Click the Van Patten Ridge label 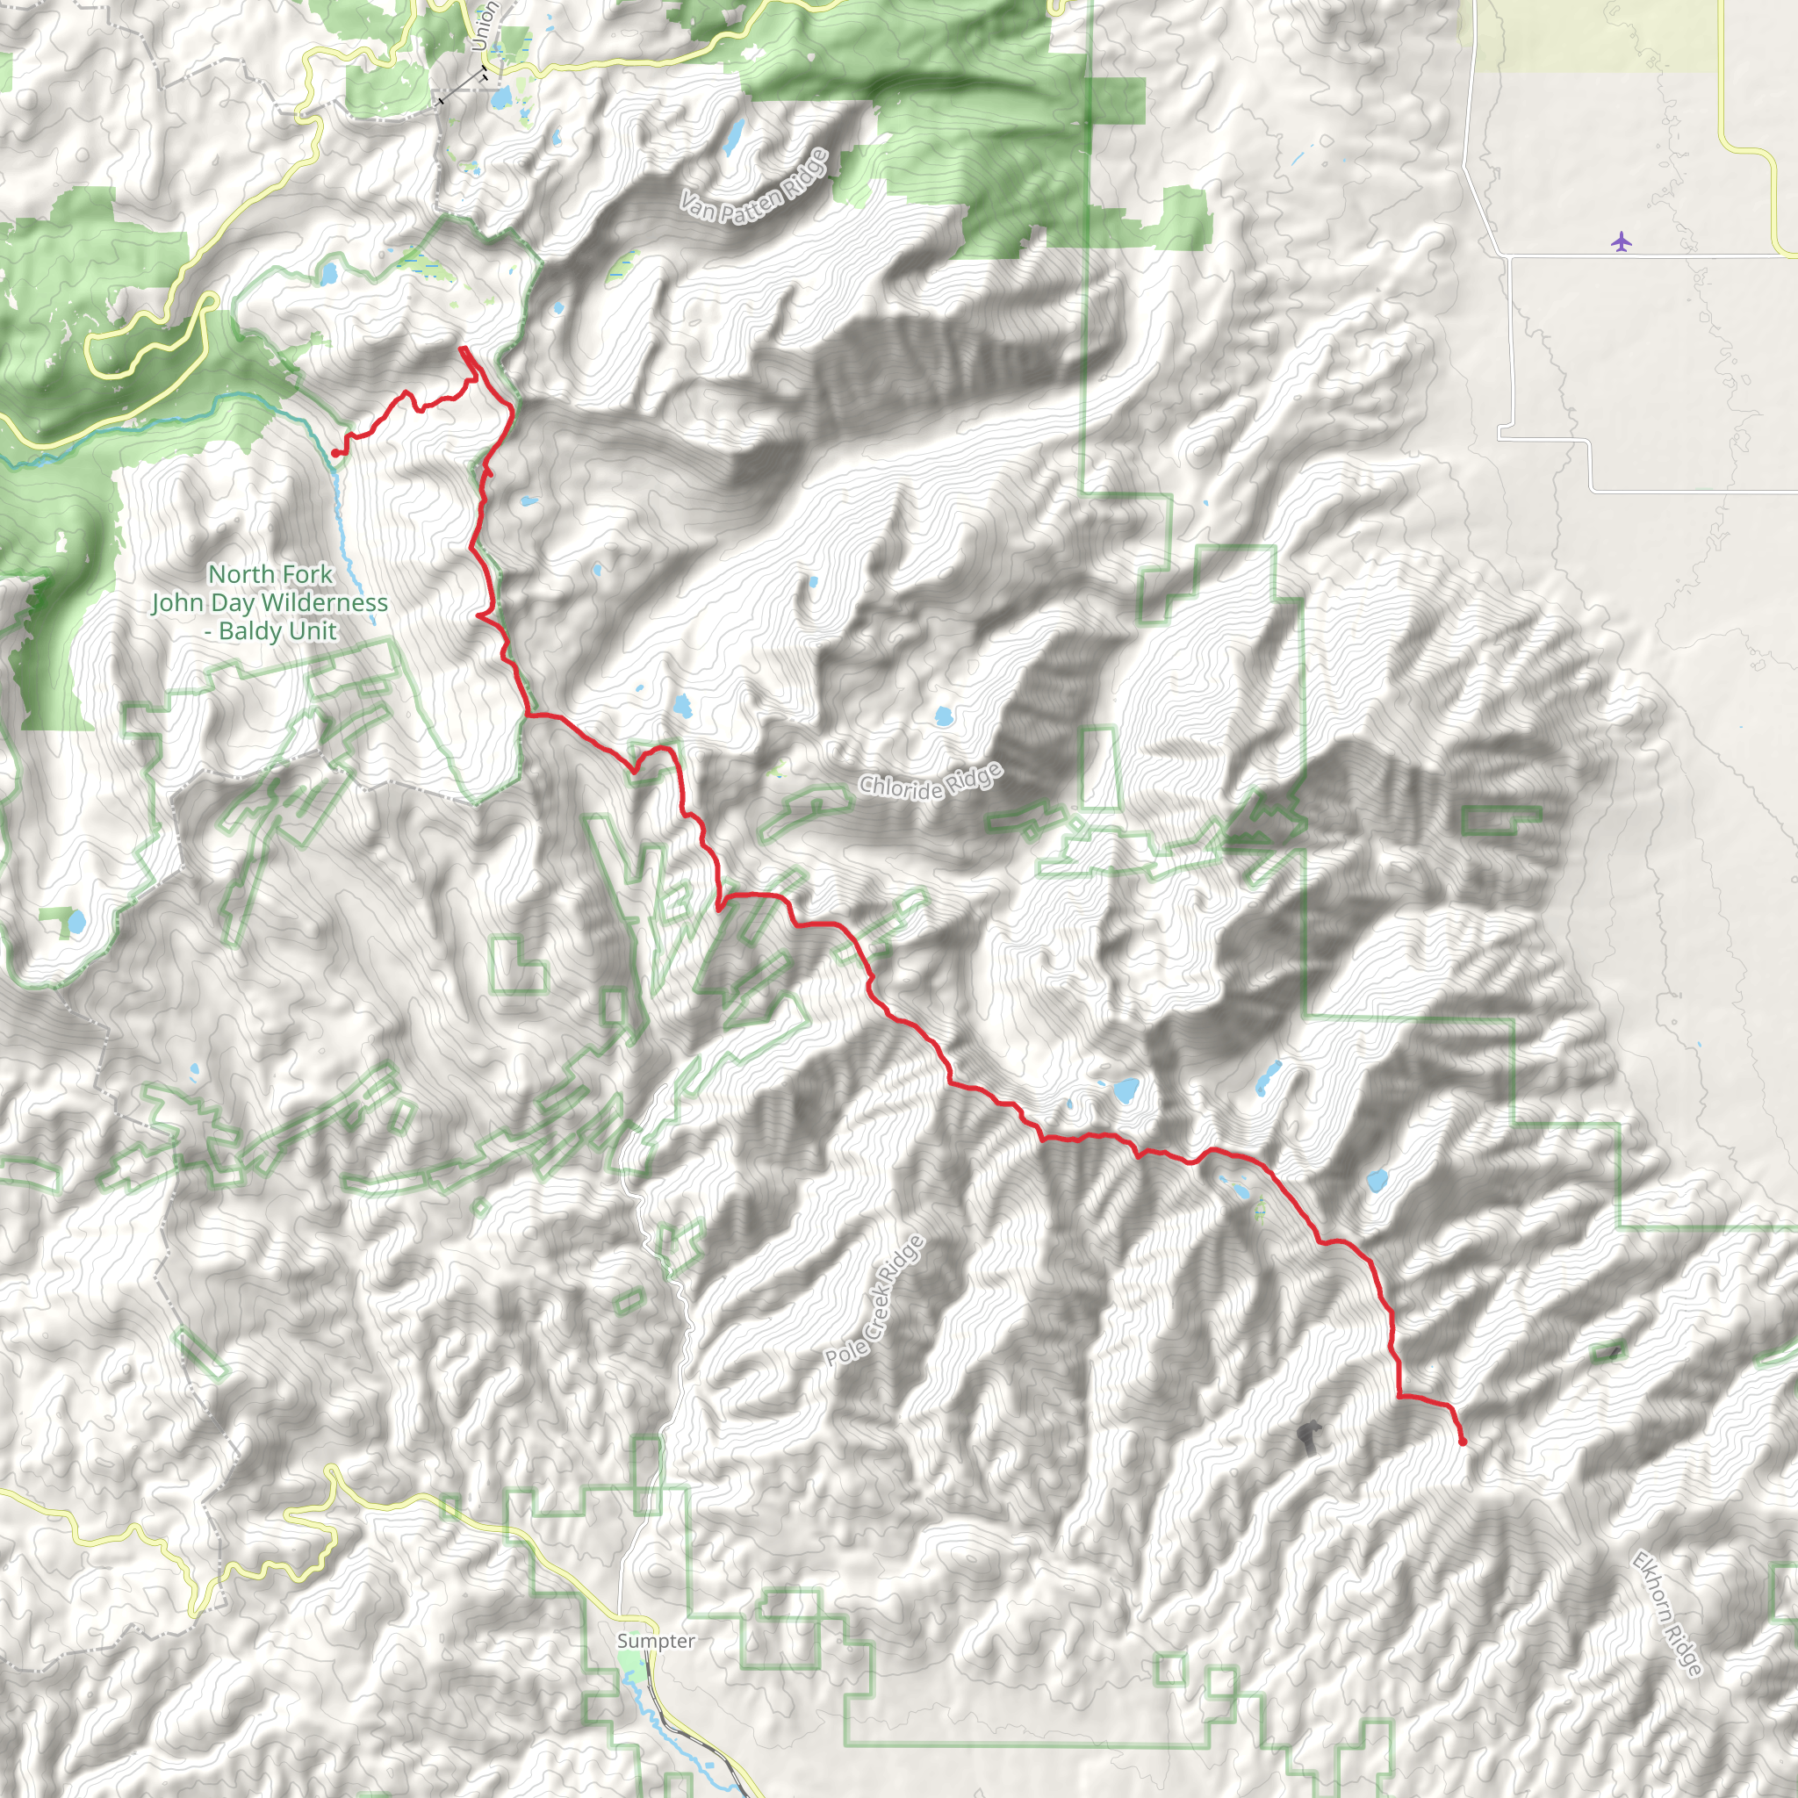754,186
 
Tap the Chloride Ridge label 931,780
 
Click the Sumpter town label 655,1641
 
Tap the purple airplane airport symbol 1622,242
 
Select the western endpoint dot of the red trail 335,453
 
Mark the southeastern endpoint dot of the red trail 1463,1442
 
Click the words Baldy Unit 277,632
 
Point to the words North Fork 270,574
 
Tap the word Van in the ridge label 696,206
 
